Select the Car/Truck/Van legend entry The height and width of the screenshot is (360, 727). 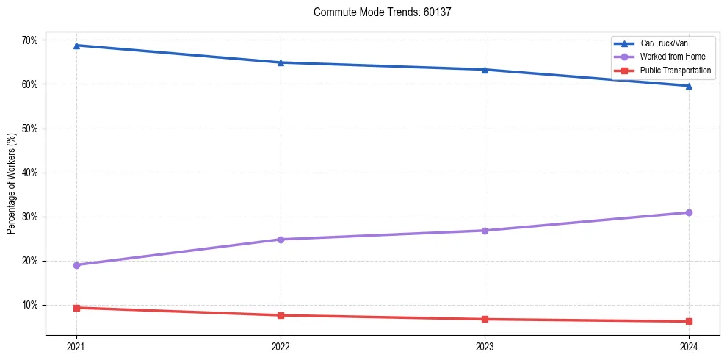[664, 44]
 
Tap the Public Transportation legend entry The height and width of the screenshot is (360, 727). [676, 71]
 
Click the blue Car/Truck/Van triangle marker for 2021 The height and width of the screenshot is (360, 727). [76, 46]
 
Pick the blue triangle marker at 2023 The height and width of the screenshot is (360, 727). [485, 70]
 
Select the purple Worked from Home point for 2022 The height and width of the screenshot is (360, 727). [281, 240]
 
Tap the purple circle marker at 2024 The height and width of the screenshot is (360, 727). [689, 212]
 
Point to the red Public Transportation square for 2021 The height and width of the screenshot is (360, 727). [76, 308]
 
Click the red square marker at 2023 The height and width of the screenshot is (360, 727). [485, 319]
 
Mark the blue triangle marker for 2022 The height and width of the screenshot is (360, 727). [281, 62]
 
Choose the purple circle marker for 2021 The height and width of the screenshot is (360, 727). [76, 265]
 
